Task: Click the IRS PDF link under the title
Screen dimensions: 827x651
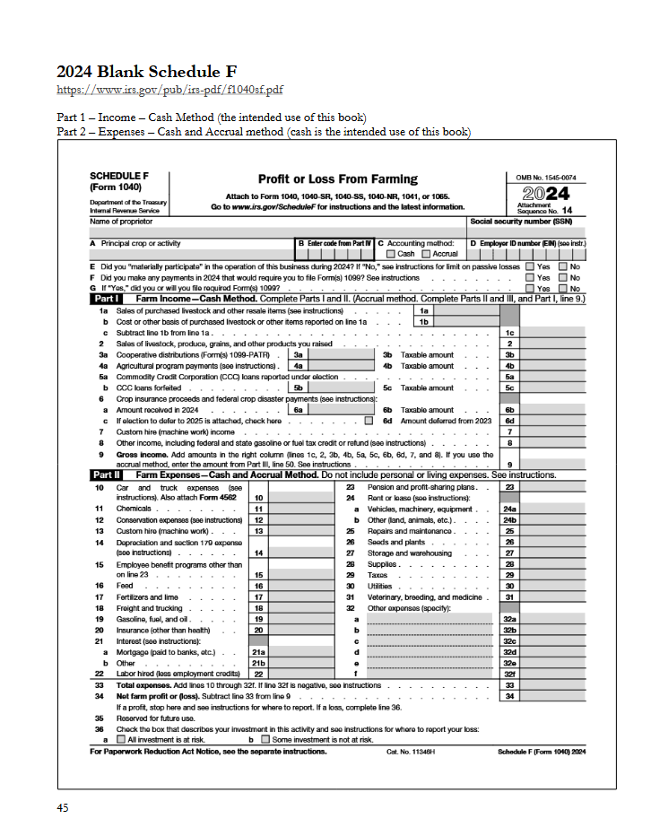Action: pos(170,90)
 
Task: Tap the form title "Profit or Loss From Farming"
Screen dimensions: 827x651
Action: pos(338,179)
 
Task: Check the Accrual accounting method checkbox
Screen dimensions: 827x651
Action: pos(426,254)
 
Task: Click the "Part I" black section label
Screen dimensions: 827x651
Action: pos(107,298)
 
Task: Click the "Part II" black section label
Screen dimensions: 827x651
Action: pos(108,475)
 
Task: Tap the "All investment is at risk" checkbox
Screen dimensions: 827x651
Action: pos(122,740)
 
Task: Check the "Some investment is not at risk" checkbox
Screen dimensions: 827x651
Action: pos(265,740)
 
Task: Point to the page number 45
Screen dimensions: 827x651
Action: pos(63,807)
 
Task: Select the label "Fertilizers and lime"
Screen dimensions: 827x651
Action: pos(146,596)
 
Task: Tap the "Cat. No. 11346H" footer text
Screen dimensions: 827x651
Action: pos(411,752)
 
